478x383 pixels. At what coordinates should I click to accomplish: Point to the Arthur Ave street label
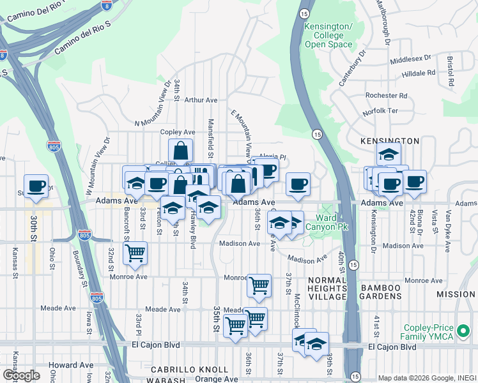[x=201, y=100]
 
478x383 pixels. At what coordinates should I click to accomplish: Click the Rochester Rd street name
[x=386, y=96]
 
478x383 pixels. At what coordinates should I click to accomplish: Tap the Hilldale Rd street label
[x=419, y=73]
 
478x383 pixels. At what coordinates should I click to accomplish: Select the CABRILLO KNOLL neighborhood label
[x=189, y=370]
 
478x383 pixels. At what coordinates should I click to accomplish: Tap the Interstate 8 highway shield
[x=107, y=6]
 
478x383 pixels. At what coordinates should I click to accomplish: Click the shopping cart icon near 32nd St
[x=135, y=252]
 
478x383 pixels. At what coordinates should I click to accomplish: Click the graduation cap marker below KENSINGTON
[x=388, y=154]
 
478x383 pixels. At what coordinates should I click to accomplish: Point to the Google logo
[x=20, y=375]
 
